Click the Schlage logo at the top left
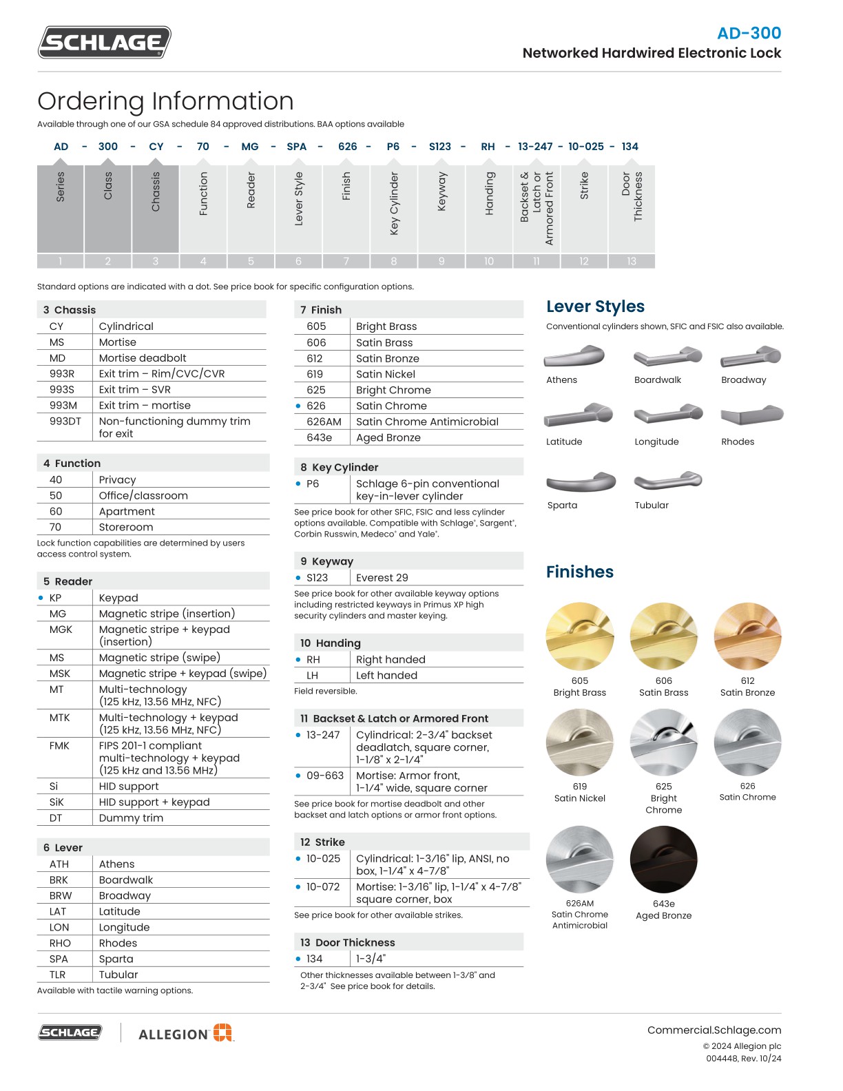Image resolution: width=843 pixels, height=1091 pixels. pyautogui.click(x=104, y=43)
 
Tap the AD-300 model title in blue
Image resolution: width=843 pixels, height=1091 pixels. pyautogui.click(x=749, y=33)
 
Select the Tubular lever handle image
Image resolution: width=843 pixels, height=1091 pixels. pyautogui.click(x=667, y=480)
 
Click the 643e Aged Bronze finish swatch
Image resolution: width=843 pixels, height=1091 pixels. pyautogui.click(x=663, y=859)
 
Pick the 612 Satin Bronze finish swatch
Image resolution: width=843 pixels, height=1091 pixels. pyautogui.click(x=747, y=636)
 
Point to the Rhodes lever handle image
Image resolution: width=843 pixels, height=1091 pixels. pyautogui.click(x=751, y=415)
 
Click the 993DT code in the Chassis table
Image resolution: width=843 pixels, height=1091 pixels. pyautogui.click(x=65, y=421)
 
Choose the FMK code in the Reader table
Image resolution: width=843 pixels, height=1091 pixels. pyautogui.click(x=59, y=745)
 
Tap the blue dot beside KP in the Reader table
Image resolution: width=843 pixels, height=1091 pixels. pyautogui.click(x=41, y=598)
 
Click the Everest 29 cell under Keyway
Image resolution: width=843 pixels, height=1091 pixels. pyautogui.click(x=382, y=577)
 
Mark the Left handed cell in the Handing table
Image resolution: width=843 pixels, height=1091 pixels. pyautogui.click(x=386, y=675)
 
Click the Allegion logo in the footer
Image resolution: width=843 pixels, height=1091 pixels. pyautogui.click(x=186, y=1033)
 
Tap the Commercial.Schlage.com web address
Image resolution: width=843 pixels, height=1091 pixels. pyautogui.click(x=714, y=1030)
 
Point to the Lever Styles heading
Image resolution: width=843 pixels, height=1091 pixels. pyautogui.click(x=595, y=306)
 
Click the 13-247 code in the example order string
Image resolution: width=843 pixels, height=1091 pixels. pyautogui.click(x=535, y=147)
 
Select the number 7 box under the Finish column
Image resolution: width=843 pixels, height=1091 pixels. pyautogui.click(x=346, y=261)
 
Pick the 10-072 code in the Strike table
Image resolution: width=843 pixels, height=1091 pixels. pyautogui.click(x=323, y=886)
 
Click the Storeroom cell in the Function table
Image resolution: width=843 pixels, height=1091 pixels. pyautogui.click(x=125, y=527)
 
